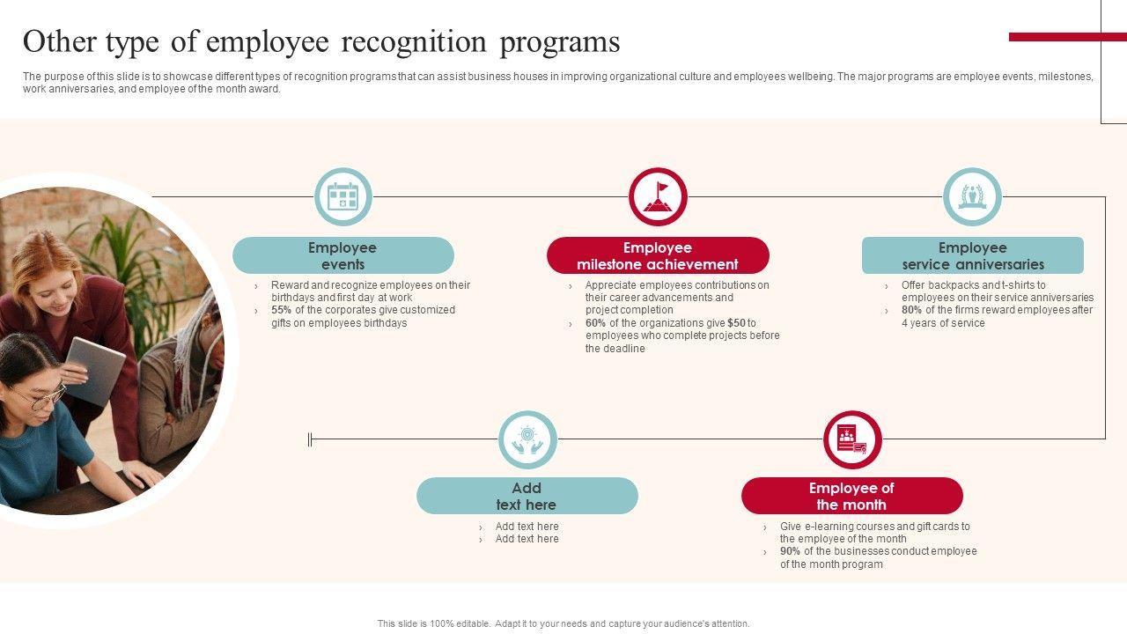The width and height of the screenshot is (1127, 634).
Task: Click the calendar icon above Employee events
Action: [343, 196]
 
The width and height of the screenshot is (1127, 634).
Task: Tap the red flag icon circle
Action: [658, 196]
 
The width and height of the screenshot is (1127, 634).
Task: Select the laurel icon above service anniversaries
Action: [972, 196]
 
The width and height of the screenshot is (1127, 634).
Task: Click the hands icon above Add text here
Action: [527, 439]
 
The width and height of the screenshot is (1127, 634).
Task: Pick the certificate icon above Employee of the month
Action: [852, 439]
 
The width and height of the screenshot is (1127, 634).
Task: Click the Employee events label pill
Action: [343, 255]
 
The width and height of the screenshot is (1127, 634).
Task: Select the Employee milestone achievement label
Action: [658, 255]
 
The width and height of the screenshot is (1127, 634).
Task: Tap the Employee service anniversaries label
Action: [973, 255]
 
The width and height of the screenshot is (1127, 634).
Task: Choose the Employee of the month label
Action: [851, 496]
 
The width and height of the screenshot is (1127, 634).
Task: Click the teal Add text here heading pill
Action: [527, 496]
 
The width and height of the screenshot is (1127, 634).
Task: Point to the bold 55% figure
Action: [281, 310]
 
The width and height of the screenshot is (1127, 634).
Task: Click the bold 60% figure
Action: [595, 323]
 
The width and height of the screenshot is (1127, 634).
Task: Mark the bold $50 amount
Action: [736, 323]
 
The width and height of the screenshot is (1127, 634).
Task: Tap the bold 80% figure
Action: [911, 310]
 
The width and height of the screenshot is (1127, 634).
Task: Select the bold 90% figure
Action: [790, 551]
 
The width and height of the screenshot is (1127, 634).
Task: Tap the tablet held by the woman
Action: [95, 370]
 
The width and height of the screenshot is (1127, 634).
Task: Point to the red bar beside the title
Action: [1067, 37]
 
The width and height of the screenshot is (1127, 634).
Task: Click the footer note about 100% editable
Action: [563, 623]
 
